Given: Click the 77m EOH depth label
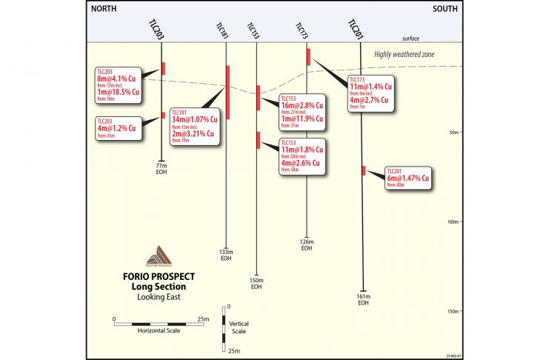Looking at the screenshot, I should (162, 169).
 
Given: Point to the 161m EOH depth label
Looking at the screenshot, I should (363, 299).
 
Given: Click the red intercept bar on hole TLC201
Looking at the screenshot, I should (364, 171).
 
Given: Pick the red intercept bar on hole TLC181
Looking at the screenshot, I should (228, 91).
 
